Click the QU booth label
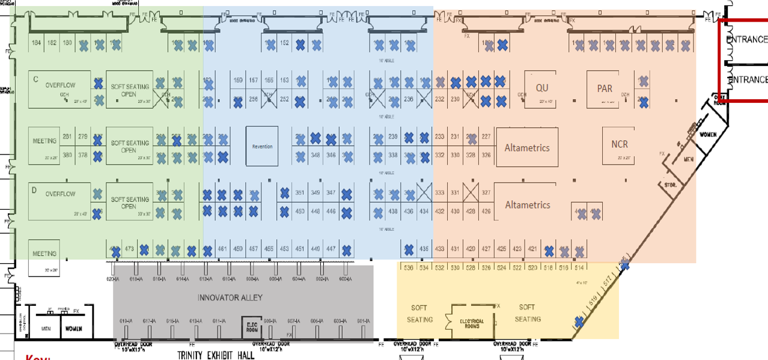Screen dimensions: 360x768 (x=542, y=88)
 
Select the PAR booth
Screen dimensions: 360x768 (x=605, y=88)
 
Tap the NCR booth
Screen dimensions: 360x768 (x=619, y=145)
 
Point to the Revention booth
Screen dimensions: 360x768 (x=262, y=146)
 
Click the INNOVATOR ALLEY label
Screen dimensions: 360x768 (x=230, y=298)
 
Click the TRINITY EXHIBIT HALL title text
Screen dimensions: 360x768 (x=216, y=355)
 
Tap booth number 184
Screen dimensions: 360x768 (x=37, y=43)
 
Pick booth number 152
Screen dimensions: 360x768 (x=285, y=43)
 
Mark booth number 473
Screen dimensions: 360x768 (x=129, y=249)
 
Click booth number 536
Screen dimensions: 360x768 (x=409, y=267)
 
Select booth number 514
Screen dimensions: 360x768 (x=579, y=267)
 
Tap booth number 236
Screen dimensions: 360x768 (x=409, y=99)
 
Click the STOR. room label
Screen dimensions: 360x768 (x=670, y=186)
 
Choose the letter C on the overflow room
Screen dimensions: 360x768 (x=35, y=79)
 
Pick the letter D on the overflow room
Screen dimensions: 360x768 (x=35, y=190)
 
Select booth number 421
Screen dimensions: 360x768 (x=532, y=249)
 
